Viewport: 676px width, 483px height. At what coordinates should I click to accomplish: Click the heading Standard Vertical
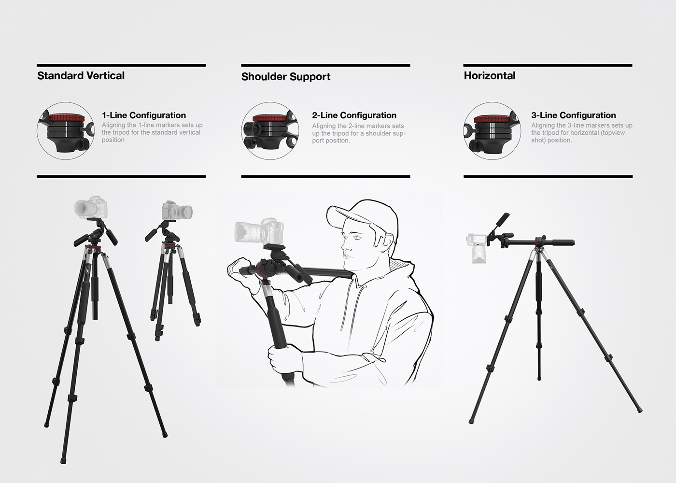[81, 76]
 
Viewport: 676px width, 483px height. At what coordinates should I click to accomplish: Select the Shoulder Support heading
[286, 77]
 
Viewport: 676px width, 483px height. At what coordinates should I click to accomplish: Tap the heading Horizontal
[490, 76]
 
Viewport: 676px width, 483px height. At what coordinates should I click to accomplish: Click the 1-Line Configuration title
[143, 115]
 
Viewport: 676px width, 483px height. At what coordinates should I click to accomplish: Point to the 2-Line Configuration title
[354, 115]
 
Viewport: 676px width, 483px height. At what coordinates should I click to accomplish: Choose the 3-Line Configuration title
[573, 115]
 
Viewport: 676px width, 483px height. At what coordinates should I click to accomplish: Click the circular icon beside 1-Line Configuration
[65, 130]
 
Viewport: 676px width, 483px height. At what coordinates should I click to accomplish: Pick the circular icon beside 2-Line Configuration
[270, 130]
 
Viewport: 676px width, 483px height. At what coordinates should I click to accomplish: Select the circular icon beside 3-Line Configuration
[492, 130]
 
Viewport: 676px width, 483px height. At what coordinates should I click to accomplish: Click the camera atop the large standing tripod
[91, 207]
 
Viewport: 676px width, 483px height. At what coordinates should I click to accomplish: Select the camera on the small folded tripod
[177, 211]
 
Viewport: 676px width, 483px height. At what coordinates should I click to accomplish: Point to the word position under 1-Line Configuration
[113, 140]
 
